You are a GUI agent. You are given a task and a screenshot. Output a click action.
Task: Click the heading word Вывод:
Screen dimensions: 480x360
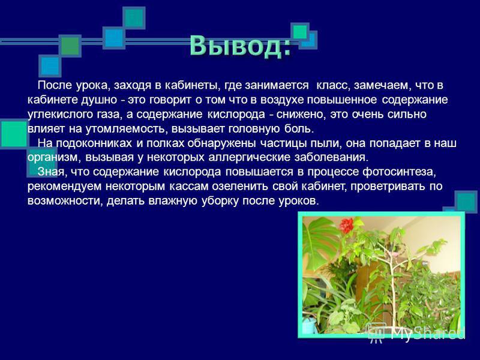point(240,46)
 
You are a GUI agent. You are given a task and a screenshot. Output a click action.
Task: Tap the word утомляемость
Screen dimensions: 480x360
point(125,129)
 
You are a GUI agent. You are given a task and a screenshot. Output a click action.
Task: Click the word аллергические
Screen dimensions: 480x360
point(250,157)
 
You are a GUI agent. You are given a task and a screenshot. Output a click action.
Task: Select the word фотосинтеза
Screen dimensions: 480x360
point(398,172)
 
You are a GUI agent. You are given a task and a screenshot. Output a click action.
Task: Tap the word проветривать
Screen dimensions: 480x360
point(388,187)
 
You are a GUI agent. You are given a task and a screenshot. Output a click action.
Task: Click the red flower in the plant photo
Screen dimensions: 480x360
point(347,226)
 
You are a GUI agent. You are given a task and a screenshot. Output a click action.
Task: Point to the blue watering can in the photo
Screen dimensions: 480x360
point(308,325)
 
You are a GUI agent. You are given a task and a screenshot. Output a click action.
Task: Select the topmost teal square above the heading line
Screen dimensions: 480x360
point(134,18)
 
